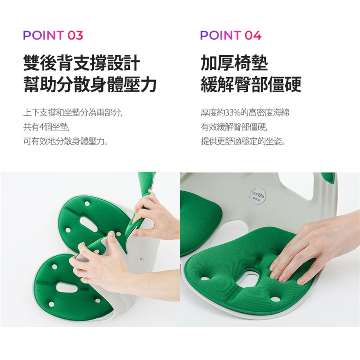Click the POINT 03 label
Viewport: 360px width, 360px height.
(x=53, y=35)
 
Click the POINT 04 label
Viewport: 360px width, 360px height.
(x=231, y=35)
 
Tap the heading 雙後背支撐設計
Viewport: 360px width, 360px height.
(x=82, y=63)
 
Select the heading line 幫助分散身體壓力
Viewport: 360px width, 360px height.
(x=90, y=84)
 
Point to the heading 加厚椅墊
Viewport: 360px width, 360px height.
(x=234, y=63)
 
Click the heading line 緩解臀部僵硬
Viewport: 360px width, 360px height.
(x=251, y=84)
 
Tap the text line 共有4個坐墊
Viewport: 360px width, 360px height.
(x=46, y=127)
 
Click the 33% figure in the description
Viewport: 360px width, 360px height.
(x=232, y=112)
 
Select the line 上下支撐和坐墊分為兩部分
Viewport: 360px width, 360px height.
(x=73, y=112)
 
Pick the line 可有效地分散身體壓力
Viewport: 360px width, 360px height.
(x=66, y=141)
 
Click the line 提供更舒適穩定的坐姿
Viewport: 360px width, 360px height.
(x=243, y=141)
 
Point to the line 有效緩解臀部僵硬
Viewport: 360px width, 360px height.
(x=234, y=127)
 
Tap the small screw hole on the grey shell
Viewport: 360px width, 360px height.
(x=141, y=259)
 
